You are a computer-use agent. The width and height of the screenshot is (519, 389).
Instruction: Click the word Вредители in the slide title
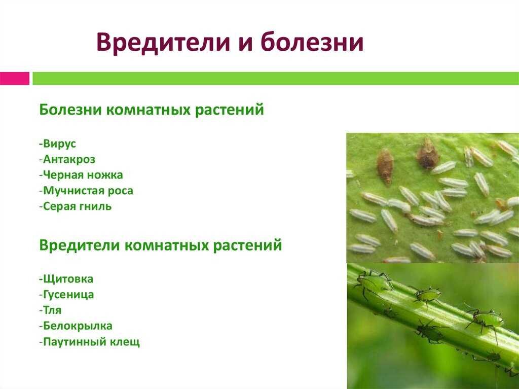point(163,42)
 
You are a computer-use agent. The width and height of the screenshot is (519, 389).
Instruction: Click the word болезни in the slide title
point(312,42)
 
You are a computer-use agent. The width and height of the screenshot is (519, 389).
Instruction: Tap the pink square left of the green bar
point(15,79)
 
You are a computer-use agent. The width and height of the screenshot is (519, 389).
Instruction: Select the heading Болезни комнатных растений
point(152,110)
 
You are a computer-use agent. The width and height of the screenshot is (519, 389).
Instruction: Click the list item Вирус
point(57,144)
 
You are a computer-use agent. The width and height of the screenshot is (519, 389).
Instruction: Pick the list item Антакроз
point(67,159)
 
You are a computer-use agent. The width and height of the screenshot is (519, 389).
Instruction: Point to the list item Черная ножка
point(81,175)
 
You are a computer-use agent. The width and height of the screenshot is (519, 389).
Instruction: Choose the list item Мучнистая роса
point(86,191)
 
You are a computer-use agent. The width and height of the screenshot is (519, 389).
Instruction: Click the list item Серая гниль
point(75,206)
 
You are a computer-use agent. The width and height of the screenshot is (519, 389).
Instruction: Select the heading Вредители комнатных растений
point(161,245)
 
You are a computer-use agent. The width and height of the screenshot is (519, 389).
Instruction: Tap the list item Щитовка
point(66,279)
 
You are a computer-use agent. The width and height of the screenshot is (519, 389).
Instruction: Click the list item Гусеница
point(66,295)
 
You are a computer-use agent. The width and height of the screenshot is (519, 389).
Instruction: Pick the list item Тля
point(50,310)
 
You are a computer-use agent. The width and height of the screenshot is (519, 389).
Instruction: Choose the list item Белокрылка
point(76,326)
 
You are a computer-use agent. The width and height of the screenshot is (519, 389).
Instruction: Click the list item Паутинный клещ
point(89,342)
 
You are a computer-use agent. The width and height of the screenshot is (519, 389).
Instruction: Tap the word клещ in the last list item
point(126,342)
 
